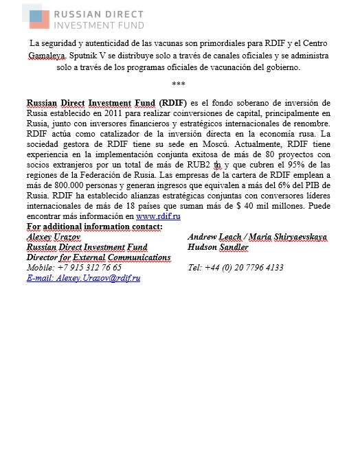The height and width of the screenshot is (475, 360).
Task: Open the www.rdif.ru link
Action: [159, 217]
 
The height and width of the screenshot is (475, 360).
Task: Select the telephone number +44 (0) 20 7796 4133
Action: [235, 267]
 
